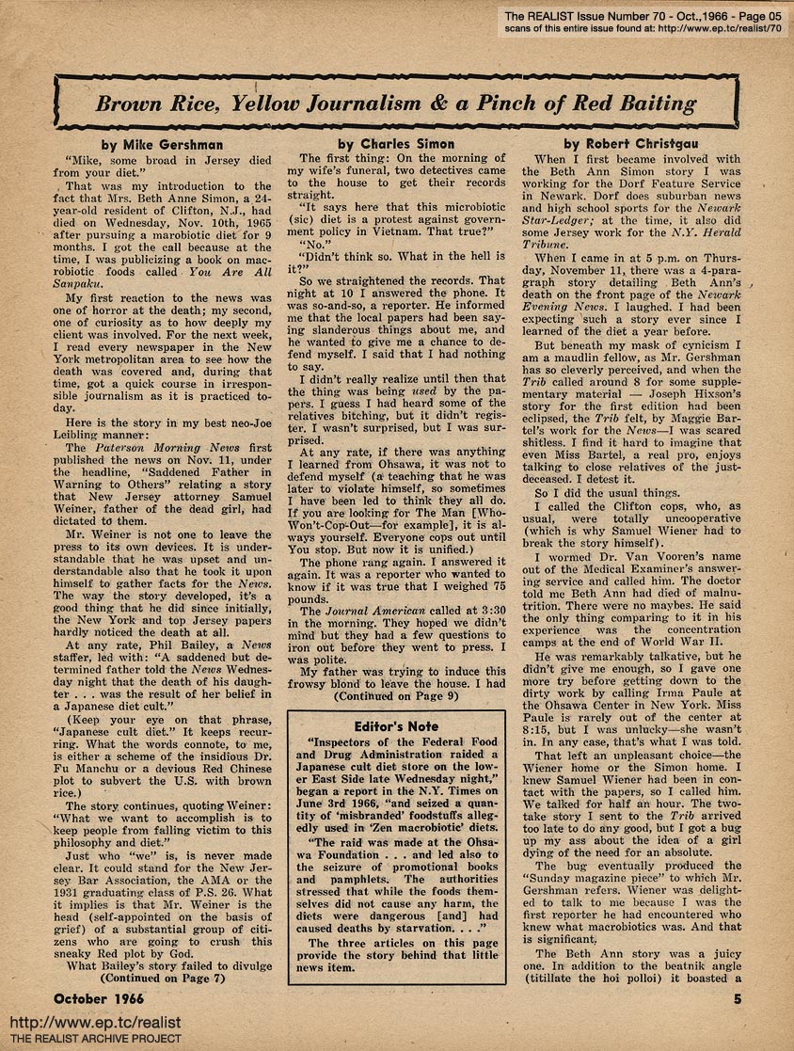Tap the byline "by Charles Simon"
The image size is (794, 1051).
point(395,144)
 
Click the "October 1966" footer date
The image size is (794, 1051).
point(104,996)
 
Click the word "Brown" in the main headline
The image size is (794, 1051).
point(134,102)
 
